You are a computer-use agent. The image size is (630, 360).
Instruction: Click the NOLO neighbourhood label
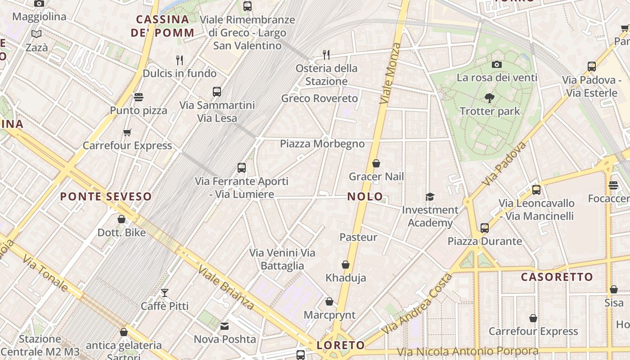point(365,196)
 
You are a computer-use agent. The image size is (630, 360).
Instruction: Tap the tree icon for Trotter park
point(490,98)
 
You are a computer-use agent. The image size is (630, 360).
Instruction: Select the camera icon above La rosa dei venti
point(497,64)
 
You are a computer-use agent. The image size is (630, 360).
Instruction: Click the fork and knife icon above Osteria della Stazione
point(326,55)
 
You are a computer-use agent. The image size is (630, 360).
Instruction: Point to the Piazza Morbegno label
point(322,144)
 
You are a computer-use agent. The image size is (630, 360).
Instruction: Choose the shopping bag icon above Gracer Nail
point(376,163)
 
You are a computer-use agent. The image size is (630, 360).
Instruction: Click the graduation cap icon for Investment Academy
point(430,197)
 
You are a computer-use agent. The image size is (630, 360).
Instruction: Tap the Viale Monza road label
point(390,73)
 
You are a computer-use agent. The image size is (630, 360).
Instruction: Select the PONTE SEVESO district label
point(106,197)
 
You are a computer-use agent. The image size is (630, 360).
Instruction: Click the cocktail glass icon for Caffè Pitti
point(165,293)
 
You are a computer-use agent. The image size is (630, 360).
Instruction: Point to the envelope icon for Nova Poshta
point(225,326)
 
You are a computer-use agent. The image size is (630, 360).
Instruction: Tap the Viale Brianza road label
point(225,287)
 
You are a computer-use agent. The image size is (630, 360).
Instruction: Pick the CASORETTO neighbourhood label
point(557,277)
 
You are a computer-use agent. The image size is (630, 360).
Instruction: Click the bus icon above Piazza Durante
point(485,228)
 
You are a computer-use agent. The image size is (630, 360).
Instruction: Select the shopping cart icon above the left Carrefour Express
point(127,132)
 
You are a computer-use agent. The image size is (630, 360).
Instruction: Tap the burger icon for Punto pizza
point(139,97)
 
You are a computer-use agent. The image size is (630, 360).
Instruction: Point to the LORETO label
point(341,345)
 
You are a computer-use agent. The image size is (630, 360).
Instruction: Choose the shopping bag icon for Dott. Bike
point(121,219)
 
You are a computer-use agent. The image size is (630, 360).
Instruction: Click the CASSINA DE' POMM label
point(162,26)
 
